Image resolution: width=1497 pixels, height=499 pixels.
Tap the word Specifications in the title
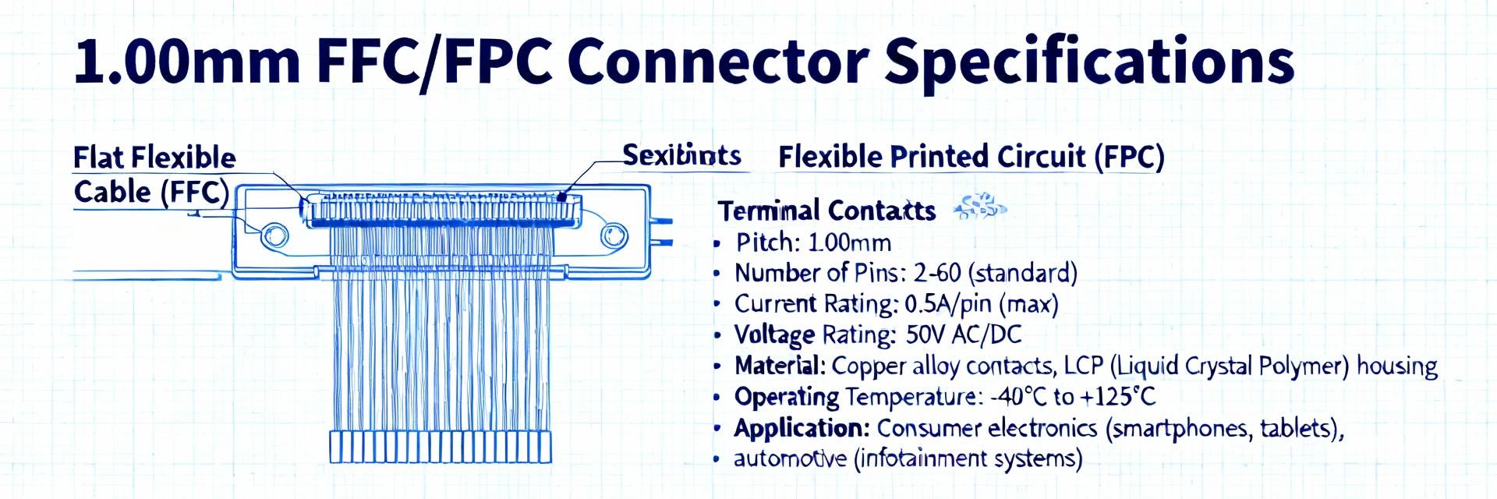1088,62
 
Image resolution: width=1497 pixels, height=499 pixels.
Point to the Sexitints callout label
681,156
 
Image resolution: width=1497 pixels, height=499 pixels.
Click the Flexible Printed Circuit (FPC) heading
971,157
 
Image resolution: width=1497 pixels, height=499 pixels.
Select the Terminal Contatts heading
826,211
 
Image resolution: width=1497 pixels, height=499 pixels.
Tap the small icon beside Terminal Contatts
980,206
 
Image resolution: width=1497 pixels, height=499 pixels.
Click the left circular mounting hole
274,235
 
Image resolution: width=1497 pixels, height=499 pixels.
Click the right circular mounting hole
614,235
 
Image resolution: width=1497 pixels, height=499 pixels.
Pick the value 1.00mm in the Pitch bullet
849,242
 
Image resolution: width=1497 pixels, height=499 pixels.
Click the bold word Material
778,366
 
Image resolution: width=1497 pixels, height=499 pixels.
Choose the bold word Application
800,428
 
